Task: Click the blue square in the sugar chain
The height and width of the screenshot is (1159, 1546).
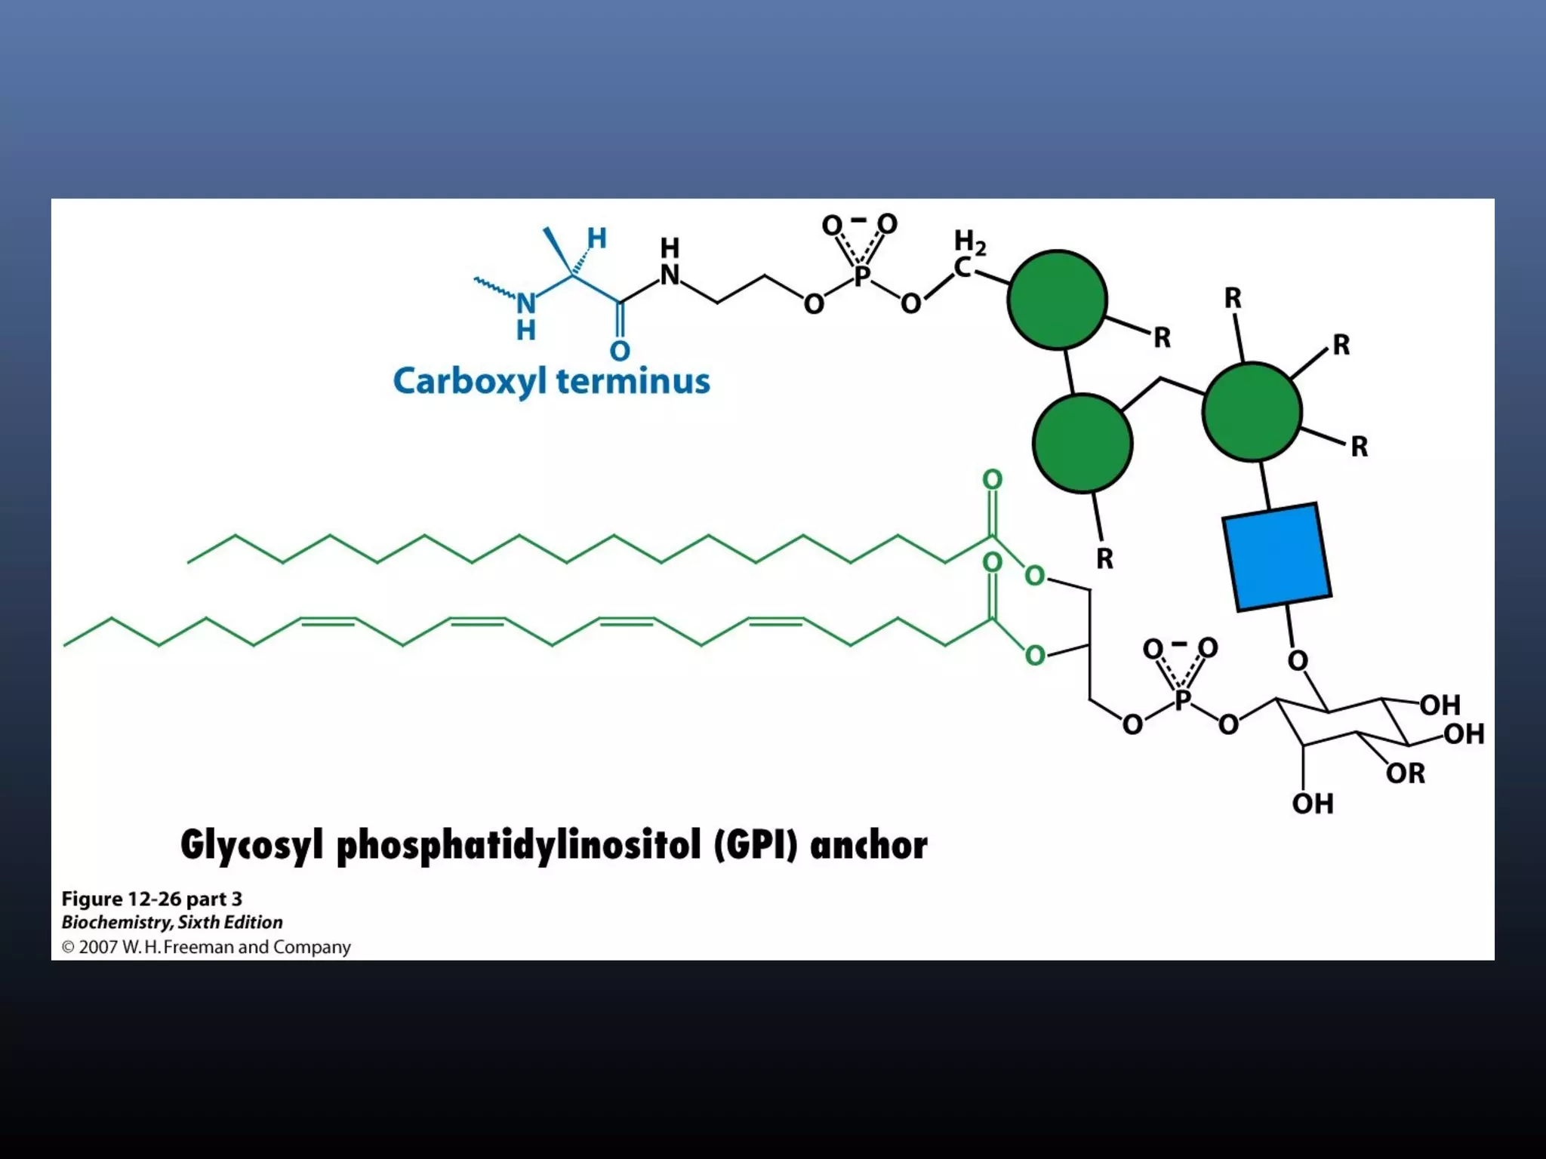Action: point(1276,556)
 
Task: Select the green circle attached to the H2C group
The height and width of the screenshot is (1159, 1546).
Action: point(1057,300)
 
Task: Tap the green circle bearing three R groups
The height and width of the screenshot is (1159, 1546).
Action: point(1252,412)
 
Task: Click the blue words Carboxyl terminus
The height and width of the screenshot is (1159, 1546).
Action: point(551,381)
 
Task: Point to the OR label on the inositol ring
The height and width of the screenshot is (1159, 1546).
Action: point(1405,773)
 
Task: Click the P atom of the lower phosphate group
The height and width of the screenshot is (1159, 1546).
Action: point(1182,700)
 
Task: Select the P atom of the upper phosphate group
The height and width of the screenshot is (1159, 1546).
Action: point(861,276)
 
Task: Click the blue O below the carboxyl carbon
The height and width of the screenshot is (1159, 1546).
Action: point(620,351)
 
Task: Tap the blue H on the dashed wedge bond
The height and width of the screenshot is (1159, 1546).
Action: point(596,238)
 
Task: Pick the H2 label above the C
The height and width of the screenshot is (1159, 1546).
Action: point(969,241)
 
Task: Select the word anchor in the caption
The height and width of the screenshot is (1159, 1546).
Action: point(868,845)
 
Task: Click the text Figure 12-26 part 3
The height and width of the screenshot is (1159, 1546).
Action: point(152,899)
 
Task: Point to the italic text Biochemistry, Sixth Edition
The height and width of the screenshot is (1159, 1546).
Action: point(172,922)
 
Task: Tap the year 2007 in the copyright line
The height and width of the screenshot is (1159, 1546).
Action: point(98,947)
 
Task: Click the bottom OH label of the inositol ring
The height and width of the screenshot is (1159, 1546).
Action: point(1312,804)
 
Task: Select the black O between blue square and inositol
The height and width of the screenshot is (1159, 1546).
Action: point(1297,661)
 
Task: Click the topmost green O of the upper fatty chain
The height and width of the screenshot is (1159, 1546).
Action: point(992,480)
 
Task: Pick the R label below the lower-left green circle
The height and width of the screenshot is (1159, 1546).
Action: point(1104,559)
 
